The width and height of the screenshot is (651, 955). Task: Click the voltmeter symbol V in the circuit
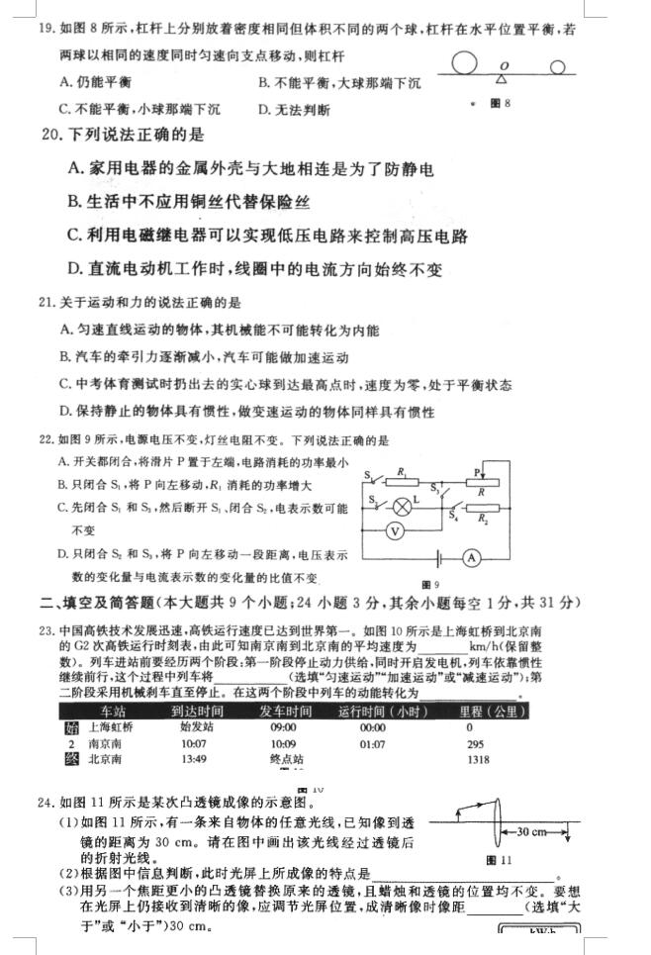tap(394, 531)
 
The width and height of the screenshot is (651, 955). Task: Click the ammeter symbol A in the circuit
tap(472, 558)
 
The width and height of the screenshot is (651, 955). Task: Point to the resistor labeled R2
tap(481, 510)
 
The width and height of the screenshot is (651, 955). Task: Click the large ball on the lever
tap(466, 65)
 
